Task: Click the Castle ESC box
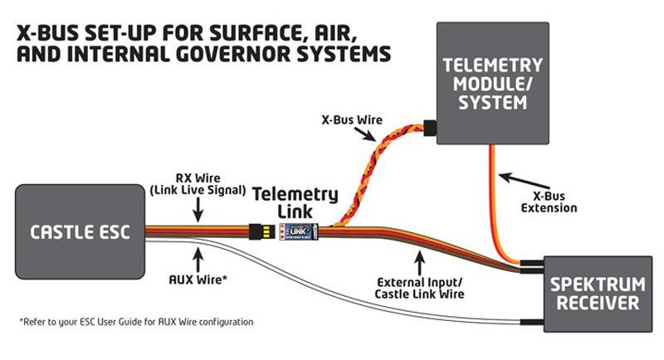pyautogui.click(x=80, y=231)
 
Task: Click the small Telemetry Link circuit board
pyautogui.click(x=298, y=230)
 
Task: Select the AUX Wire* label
pyautogui.click(x=198, y=279)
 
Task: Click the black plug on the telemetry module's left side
pyautogui.click(x=429, y=128)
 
